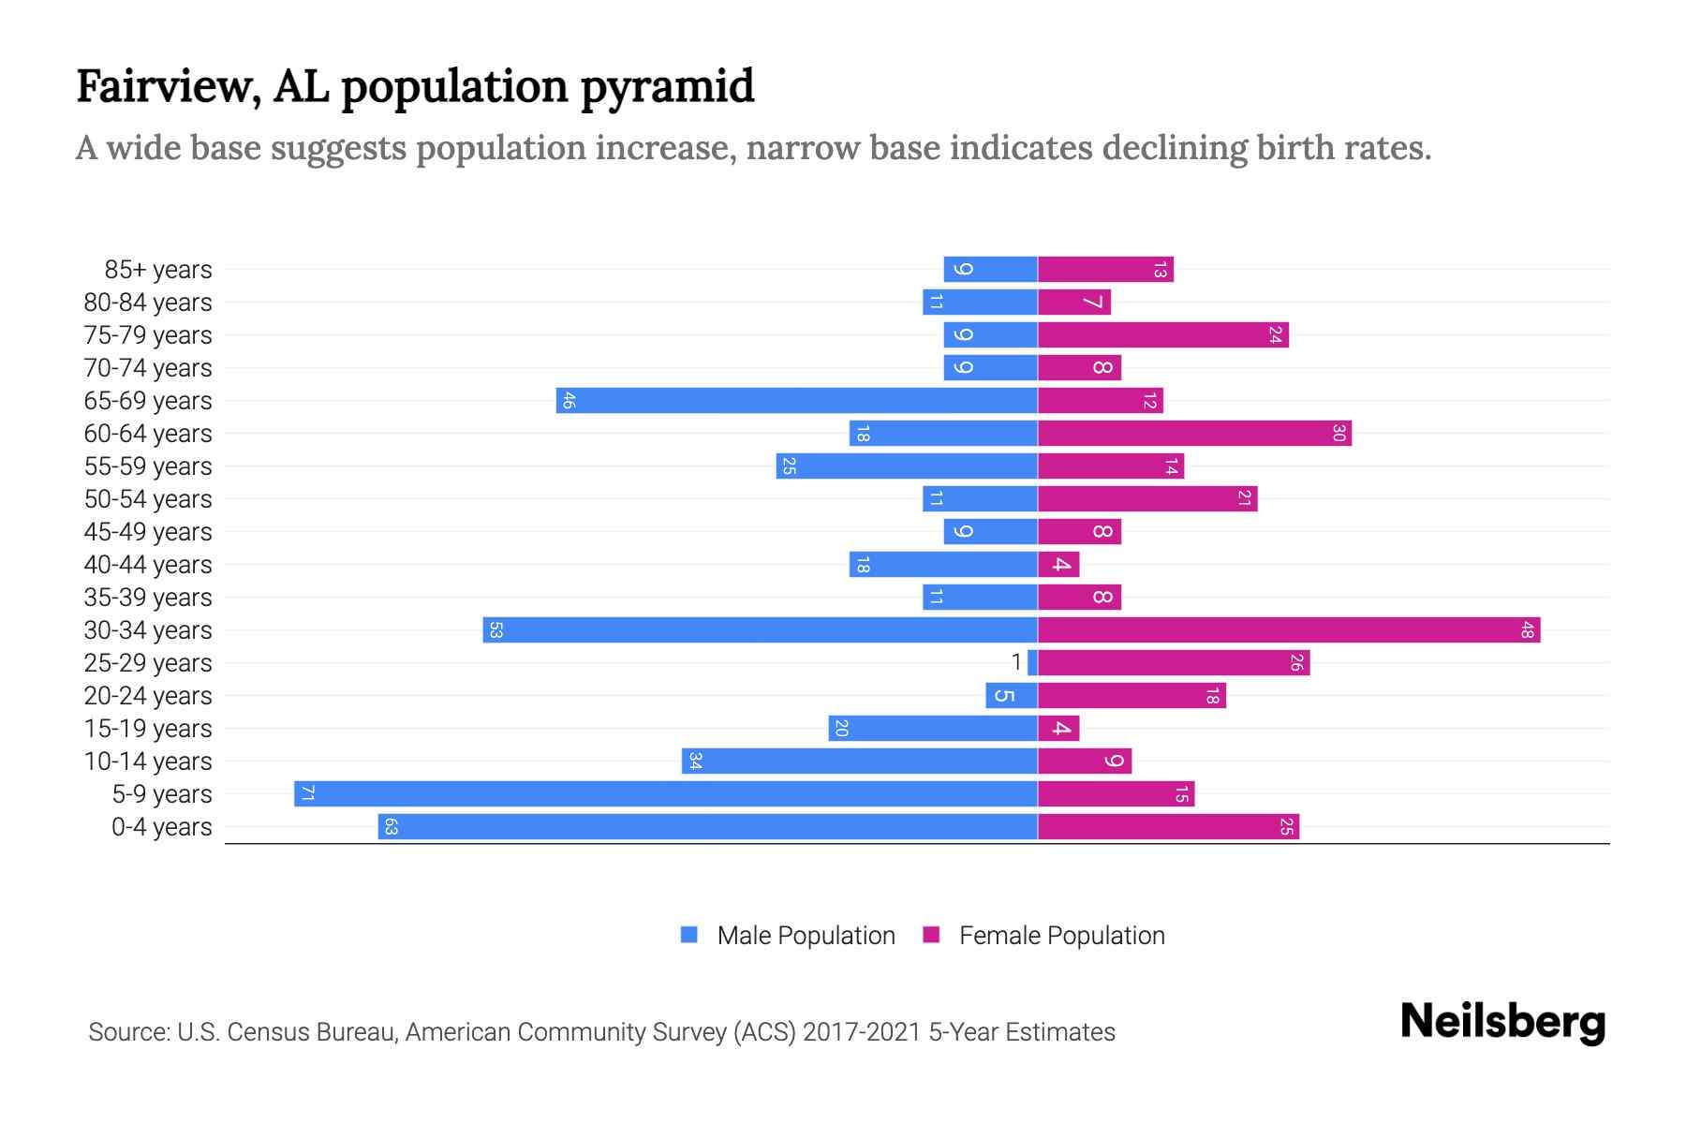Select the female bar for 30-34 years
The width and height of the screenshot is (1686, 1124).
tap(1288, 629)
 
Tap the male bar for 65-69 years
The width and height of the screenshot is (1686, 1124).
tap(796, 400)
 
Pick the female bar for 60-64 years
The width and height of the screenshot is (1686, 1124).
tap(1194, 433)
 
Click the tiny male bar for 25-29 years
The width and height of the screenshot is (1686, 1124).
tap(1032, 662)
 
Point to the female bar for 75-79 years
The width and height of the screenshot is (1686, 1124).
tap(1162, 334)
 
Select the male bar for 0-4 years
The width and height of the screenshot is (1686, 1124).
tap(707, 826)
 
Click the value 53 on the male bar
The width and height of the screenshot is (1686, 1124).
tap(495, 630)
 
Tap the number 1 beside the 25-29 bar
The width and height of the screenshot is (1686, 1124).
tap(1016, 662)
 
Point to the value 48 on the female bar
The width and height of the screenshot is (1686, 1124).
tap(1527, 630)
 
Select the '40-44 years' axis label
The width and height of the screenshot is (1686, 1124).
tap(148, 565)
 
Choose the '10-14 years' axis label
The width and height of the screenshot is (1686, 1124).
tap(148, 762)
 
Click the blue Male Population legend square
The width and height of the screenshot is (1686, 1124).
tap(689, 935)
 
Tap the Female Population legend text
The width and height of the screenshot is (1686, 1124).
tap(1061, 935)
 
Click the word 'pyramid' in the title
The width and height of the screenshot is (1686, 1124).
tap(667, 87)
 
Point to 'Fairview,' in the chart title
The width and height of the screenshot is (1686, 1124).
tap(169, 87)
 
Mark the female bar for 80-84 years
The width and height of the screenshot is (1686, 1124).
tap(1073, 302)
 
